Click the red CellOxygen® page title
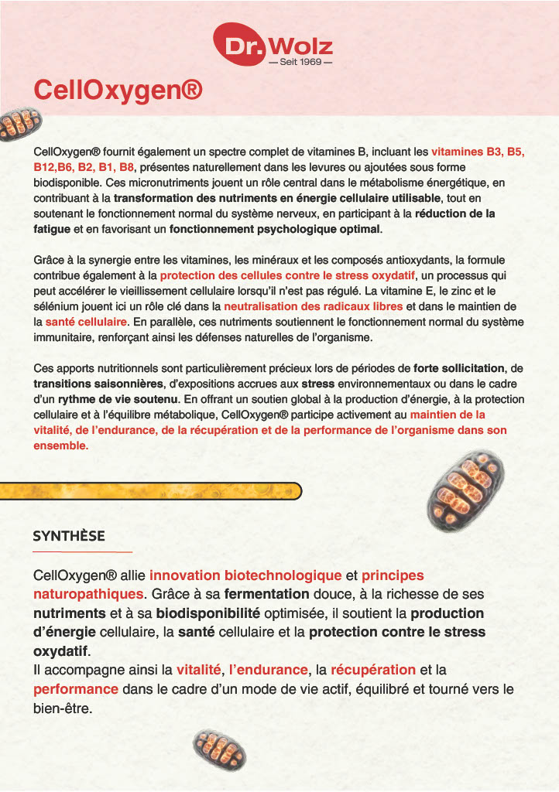pos(118,90)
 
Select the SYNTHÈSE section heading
pos(69,535)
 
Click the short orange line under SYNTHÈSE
pos(83,551)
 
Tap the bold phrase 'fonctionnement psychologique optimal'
pos(276,230)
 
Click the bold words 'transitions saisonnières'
pos(98,384)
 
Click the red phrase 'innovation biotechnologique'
pos(245,575)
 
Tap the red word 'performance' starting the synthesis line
pos(76,688)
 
